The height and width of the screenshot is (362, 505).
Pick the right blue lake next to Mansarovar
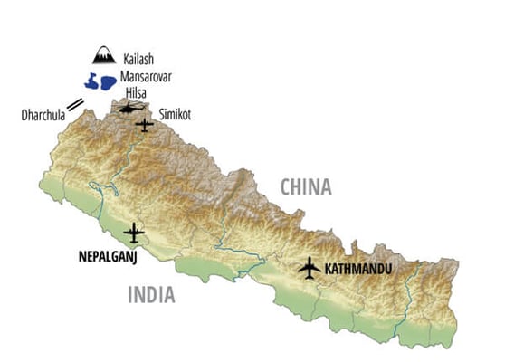(108, 83)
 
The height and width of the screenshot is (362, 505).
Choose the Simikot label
(176, 115)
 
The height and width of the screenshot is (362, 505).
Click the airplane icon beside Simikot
(145, 125)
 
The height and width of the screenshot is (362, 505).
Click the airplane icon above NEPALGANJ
(134, 233)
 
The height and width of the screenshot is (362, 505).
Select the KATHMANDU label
(360, 269)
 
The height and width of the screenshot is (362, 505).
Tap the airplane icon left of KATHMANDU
(310, 268)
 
